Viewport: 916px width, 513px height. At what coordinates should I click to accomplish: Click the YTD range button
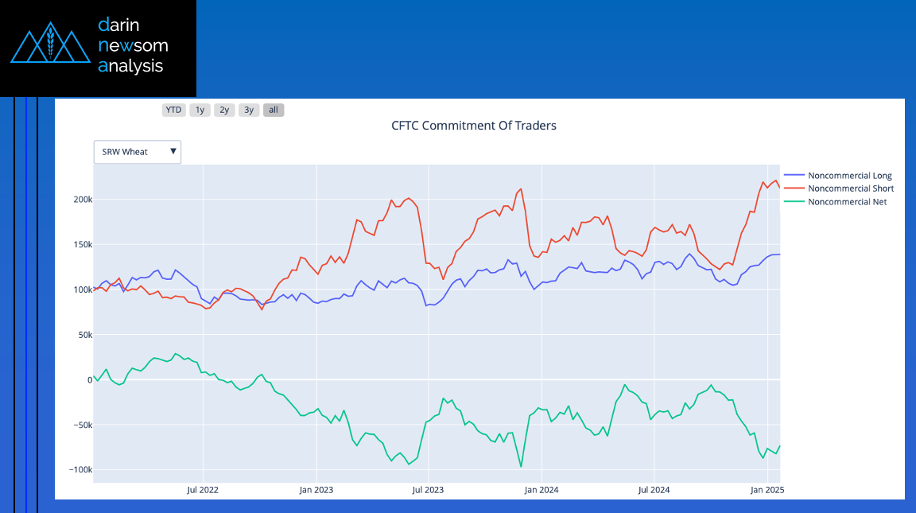[173, 110]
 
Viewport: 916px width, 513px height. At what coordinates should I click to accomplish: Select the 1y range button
[200, 110]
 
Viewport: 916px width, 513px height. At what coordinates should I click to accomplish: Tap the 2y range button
[224, 110]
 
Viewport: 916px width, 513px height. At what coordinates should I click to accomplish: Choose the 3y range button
[249, 110]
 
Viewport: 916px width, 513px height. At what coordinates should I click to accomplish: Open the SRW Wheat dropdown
[138, 152]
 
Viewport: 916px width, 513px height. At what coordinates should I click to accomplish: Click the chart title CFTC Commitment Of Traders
[474, 126]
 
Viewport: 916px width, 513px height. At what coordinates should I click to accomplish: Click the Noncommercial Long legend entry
[848, 176]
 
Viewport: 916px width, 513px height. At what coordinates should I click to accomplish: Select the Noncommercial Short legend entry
[850, 188]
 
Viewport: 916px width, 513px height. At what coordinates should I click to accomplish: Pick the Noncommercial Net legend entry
[846, 202]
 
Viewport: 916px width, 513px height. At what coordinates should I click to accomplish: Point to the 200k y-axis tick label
[79, 199]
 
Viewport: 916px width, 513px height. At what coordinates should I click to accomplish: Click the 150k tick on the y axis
[79, 244]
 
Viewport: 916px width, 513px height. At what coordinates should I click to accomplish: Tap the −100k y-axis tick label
[77, 469]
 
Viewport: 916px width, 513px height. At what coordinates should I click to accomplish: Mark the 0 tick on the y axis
[87, 379]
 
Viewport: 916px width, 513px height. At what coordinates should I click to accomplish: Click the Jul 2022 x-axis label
[203, 489]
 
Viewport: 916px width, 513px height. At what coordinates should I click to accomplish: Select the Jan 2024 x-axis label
[541, 489]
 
